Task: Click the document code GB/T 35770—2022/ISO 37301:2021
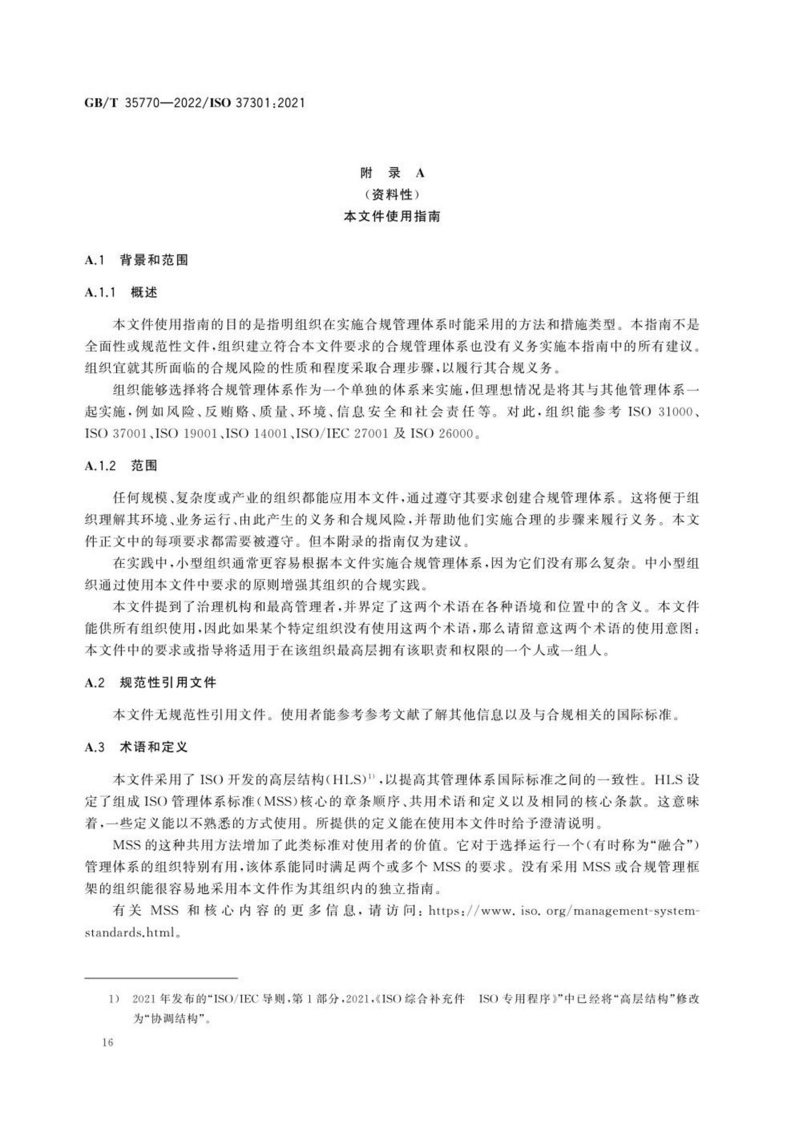[194, 103]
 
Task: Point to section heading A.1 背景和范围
[136, 260]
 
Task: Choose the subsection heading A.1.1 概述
[121, 293]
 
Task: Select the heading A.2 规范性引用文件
[150, 682]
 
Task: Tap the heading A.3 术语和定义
[136, 747]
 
